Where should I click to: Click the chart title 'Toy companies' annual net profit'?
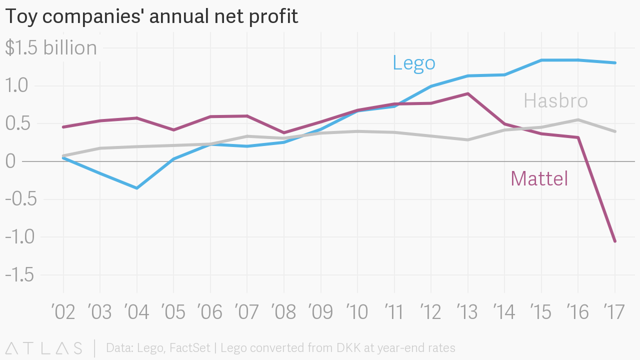[x=151, y=16]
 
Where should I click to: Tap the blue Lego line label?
[x=414, y=63]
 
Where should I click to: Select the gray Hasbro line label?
[x=555, y=101]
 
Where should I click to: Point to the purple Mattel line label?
[x=539, y=178]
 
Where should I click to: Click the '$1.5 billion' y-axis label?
[x=51, y=48]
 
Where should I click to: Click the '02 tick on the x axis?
[x=63, y=312]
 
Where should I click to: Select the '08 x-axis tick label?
[x=284, y=312]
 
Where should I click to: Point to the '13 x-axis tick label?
[x=467, y=312]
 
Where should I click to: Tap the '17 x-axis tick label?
[x=614, y=312]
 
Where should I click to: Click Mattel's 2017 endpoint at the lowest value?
[x=614, y=241]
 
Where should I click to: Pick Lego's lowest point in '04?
[x=137, y=188]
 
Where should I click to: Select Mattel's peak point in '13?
[x=467, y=93]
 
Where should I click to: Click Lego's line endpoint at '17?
[x=614, y=63]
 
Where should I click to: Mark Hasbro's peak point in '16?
[x=578, y=120]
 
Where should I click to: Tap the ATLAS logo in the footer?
[x=44, y=348]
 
